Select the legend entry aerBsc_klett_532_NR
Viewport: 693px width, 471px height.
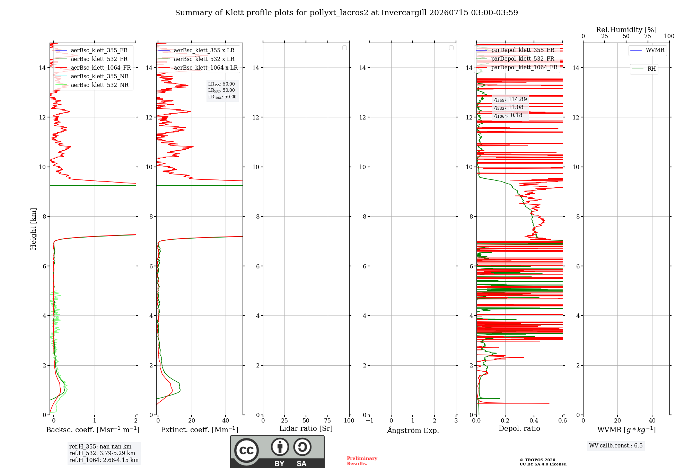[92, 85]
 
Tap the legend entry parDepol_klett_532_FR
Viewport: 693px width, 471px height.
[515, 59]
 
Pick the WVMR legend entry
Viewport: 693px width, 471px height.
[647, 50]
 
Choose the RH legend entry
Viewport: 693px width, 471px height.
[644, 69]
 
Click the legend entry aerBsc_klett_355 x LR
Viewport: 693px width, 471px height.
[196, 51]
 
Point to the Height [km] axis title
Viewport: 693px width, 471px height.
[33, 229]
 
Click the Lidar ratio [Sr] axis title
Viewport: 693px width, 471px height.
[306, 429]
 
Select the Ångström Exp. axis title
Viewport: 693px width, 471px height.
[413, 430]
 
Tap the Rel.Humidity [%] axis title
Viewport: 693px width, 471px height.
[626, 30]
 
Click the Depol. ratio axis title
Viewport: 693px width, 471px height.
[519, 429]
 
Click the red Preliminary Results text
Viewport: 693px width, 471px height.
[362, 461]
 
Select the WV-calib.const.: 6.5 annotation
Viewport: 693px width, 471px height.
[616, 446]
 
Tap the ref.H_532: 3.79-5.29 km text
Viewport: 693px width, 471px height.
[102, 453]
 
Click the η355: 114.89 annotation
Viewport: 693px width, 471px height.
[510, 99]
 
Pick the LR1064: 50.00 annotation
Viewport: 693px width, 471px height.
[222, 97]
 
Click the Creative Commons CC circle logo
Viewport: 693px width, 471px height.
[246, 451]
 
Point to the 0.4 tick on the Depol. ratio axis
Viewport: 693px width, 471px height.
[534, 421]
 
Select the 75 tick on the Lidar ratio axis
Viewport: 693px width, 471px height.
[327, 421]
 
